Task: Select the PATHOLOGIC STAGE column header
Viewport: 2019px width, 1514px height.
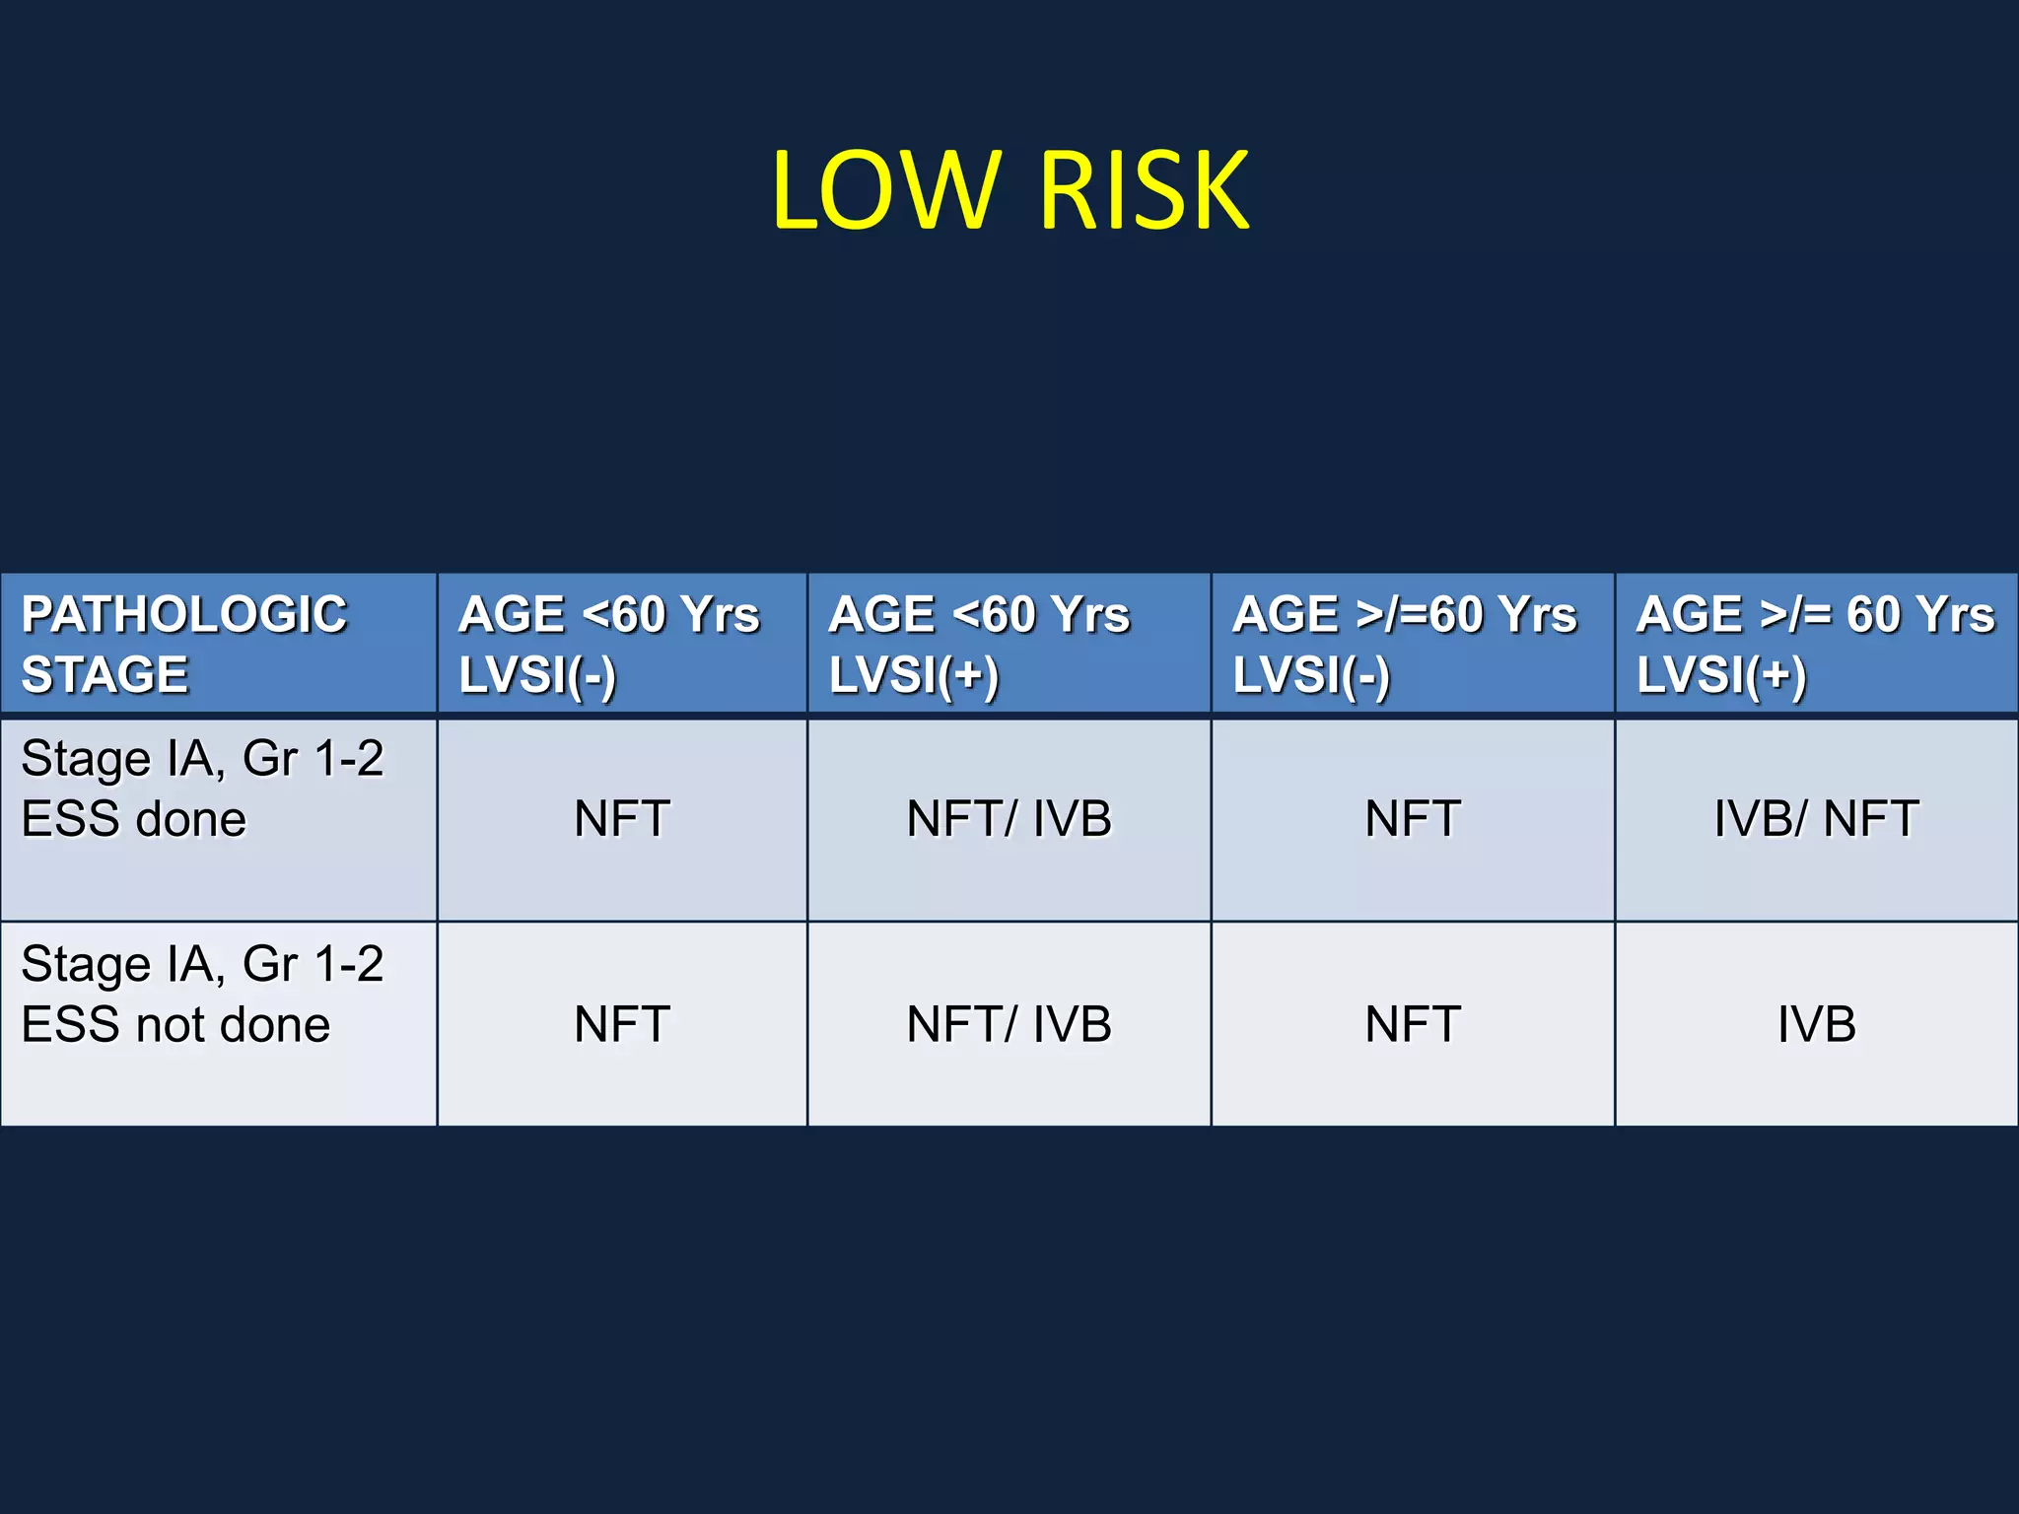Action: pos(184,644)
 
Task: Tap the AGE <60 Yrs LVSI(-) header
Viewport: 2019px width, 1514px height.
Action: pos(609,644)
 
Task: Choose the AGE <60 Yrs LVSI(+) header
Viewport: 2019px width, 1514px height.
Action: pos(979,644)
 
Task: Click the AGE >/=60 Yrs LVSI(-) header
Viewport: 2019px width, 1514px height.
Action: pos(1404,644)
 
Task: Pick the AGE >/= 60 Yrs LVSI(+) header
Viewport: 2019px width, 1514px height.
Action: pos(1815,644)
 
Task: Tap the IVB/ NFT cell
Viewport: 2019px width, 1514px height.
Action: pos(1816,819)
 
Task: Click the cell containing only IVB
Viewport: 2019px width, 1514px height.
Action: pos(1816,1024)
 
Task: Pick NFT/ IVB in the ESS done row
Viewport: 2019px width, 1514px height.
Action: pos(1009,819)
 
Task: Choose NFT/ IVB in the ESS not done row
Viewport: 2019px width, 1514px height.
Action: pos(1009,1024)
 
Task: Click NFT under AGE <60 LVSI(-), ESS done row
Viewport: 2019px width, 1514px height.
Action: pos(622,819)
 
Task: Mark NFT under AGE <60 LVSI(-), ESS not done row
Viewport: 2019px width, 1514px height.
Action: pos(622,1024)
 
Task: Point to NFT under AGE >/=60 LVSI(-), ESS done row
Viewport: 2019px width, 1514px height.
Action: pos(1413,819)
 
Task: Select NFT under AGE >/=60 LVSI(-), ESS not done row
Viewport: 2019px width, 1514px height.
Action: pos(1413,1024)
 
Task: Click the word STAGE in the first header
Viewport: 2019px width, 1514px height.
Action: pos(104,675)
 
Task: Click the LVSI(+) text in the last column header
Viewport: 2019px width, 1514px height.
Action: pos(1721,675)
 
